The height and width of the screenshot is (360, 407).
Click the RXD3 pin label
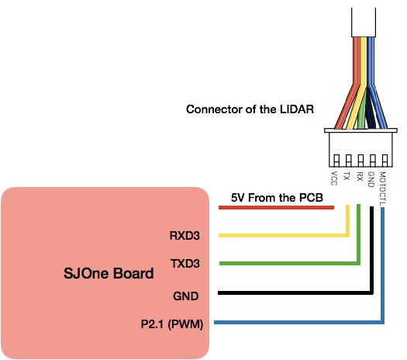tap(185, 236)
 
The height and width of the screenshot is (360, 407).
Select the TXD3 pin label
tap(185, 264)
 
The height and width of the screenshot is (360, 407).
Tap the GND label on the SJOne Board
tap(186, 296)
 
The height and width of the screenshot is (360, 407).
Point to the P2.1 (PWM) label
tap(172, 324)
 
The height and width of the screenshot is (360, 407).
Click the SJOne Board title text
tap(109, 273)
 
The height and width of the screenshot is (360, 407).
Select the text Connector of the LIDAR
tap(250, 109)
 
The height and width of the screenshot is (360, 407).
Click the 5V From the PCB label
tap(277, 198)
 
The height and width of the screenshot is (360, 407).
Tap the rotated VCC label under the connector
tap(334, 178)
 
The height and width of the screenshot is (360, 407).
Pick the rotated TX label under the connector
tap(347, 176)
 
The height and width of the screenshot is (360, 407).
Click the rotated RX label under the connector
tap(360, 176)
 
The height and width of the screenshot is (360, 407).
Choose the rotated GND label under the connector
tap(371, 179)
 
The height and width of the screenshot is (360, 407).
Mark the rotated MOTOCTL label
tap(383, 189)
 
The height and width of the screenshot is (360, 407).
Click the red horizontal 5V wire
tap(276, 207)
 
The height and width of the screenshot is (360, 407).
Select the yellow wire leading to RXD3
tap(283, 235)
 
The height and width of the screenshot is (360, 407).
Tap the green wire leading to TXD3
tap(289, 263)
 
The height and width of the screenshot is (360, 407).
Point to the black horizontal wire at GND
tap(295, 293)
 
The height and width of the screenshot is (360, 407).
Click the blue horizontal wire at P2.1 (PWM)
tap(298, 322)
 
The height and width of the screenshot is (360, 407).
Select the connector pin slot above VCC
tap(336, 161)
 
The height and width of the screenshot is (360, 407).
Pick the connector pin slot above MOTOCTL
tap(385, 161)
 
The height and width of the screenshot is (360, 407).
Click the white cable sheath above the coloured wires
tap(364, 22)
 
